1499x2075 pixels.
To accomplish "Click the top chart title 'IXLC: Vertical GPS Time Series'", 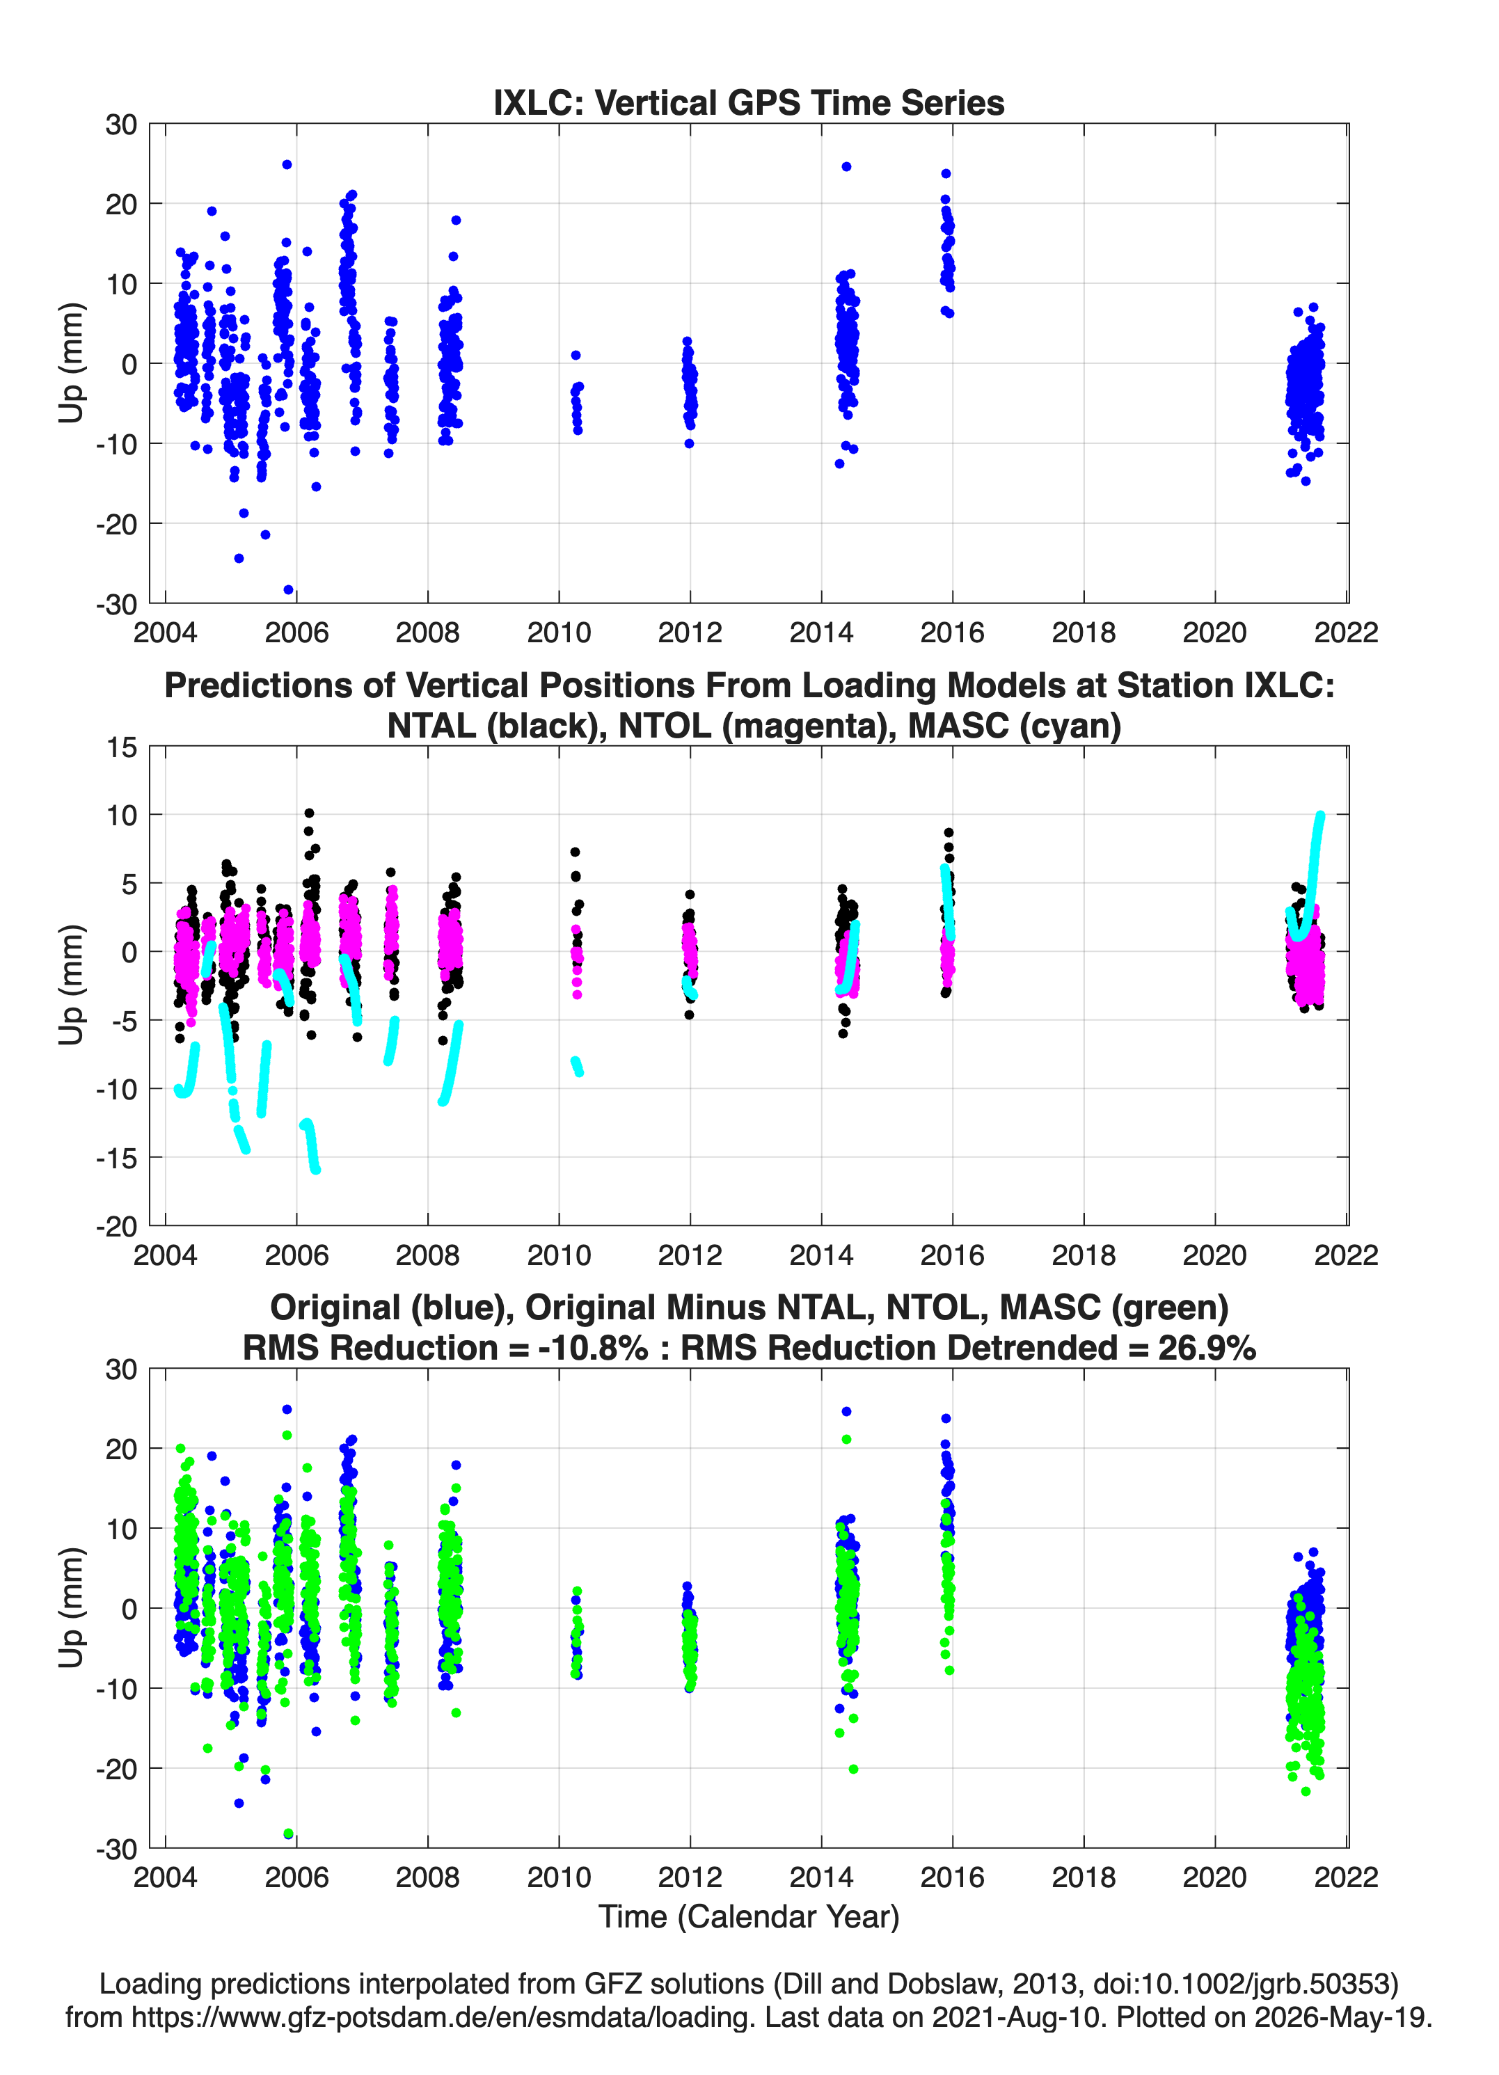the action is click(749, 102).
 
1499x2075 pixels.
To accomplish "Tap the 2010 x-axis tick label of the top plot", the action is click(558, 633).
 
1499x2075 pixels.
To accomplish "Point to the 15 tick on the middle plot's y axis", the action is click(122, 747).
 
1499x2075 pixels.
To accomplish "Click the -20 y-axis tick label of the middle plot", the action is click(116, 1227).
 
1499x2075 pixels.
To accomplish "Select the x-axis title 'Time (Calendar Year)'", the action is click(749, 1916).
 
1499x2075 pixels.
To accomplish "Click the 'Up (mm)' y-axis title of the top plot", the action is click(72, 363).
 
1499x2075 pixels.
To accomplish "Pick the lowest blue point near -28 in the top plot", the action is click(288, 590).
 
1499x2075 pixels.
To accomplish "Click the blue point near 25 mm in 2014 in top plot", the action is click(846, 166).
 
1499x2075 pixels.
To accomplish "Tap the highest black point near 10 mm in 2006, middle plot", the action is click(309, 813).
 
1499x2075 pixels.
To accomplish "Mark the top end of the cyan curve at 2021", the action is click(1319, 816).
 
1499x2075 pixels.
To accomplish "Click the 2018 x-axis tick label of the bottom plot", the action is click(1084, 1877).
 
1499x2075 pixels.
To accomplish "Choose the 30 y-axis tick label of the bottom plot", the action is click(122, 1369).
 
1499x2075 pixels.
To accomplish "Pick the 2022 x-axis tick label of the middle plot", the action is click(1346, 1255).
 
